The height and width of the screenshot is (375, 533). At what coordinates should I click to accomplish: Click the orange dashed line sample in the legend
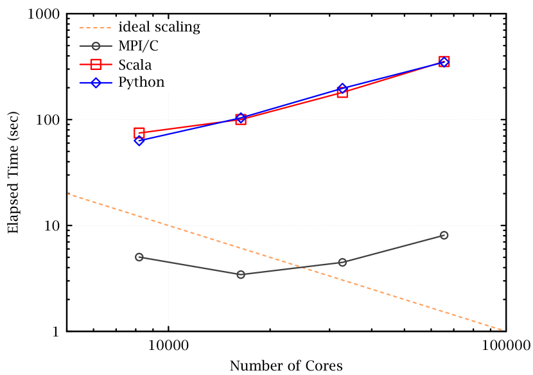pyautogui.click(x=95, y=28)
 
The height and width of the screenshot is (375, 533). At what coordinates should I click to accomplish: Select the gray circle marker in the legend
pyautogui.click(x=96, y=46)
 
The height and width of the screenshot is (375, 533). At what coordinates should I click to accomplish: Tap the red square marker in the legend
pyautogui.click(x=96, y=64)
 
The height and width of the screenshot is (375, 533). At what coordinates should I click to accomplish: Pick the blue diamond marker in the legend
pyautogui.click(x=96, y=83)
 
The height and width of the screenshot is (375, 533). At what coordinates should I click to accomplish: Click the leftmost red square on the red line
pyautogui.click(x=139, y=133)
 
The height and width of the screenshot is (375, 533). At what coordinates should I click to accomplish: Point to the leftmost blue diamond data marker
pyautogui.click(x=139, y=141)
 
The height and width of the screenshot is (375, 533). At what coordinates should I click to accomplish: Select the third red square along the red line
pyautogui.click(x=342, y=92)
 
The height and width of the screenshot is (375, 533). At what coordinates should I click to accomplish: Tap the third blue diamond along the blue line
pyautogui.click(x=342, y=88)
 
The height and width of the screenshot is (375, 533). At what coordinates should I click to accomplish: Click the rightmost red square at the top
pyautogui.click(x=444, y=62)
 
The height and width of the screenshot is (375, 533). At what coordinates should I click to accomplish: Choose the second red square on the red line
pyautogui.click(x=241, y=119)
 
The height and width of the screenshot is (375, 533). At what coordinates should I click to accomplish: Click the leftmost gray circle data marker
pyautogui.click(x=139, y=257)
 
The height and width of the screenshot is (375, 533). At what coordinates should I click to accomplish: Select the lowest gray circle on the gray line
pyautogui.click(x=241, y=274)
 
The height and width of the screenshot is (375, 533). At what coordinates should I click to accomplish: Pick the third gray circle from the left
pyautogui.click(x=342, y=262)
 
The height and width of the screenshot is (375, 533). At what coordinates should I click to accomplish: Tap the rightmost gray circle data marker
pyautogui.click(x=444, y=235)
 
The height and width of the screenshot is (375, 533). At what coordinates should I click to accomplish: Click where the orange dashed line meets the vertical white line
pyautogui.click(x=168, y=225)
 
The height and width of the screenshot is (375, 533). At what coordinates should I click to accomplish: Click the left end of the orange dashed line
pyautogui.click(x=68, y=194)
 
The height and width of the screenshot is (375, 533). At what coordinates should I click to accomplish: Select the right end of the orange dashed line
pyautogui.click(x=505, y=330)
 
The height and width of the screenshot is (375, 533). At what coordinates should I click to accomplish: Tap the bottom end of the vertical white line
pyautogui.click(x=168, y=326)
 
